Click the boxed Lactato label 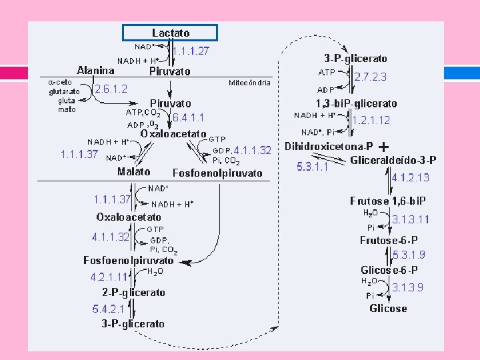tap(171, 33)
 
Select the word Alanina tap(96, 69)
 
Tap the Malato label tap(134, 171)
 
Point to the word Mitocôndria tap(249, 83)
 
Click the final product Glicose tap(388, 308)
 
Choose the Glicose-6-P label tap(389, 270)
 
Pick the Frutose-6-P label tap(389, 240)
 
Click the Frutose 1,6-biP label tap(388, 201)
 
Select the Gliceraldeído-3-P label tap(393, 160)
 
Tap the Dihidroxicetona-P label tap(329, 146)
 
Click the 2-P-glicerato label tap(133, 292)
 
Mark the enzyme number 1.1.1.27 tap(191, 50)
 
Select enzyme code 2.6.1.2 tap(111, 88)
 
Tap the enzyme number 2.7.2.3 tap(370, 77)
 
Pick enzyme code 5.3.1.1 tap(313, 167)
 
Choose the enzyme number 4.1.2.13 tap(411, 177)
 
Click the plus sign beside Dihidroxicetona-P tap(384, 146)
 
